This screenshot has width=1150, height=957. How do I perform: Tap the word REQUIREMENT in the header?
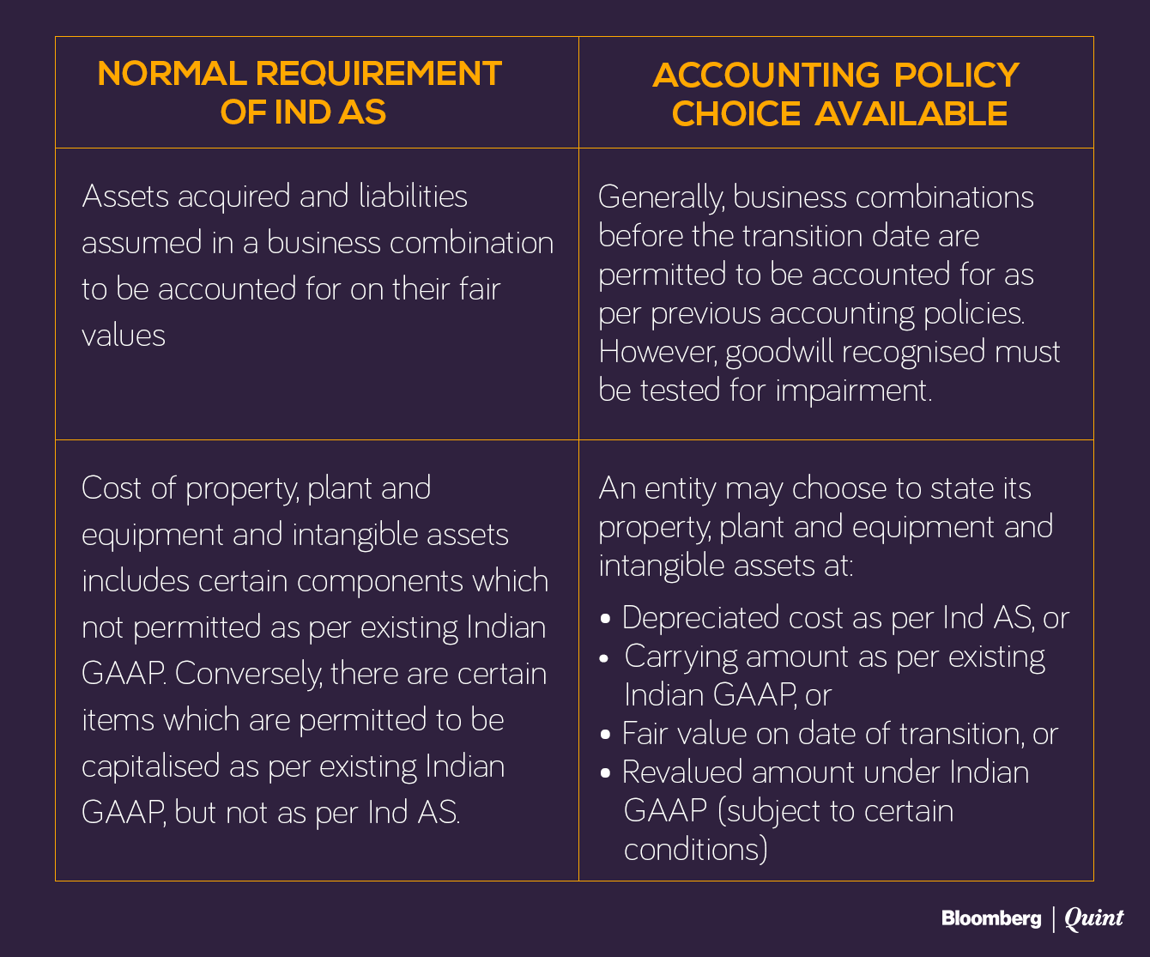(378, 74)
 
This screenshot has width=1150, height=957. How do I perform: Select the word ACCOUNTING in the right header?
(766, 76)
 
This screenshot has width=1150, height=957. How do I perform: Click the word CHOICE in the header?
(735, 113)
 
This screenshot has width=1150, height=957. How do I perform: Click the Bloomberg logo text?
(991, 918)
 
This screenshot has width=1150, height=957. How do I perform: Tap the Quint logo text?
(1093, 918)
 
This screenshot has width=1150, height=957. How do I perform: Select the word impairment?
(853, 391)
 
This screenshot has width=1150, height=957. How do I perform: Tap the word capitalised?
(150, 766)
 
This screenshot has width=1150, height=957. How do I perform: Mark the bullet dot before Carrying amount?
(606, 658)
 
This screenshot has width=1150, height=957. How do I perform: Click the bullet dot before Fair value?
(606, 736)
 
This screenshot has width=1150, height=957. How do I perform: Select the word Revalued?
(682, 772)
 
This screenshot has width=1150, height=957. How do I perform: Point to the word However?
(657, 352)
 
